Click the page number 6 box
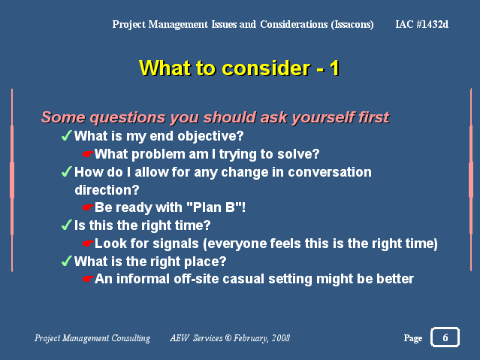pyautogui.click(x=445, y=337)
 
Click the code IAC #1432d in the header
pyautogui.click(x=422, y=24)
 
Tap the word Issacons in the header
pyautogui.click(x=352, y=25)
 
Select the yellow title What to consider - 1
pyautogui.click(x=239, y=68)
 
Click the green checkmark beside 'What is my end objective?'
pyautogui.click(x=66, y=135)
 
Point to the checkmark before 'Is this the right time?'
pyautogui.click(x=66, y=225)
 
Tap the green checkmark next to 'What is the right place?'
pyautogui.click(x=66, y=261)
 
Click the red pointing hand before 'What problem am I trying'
pyautogui.click(x=87, y=154)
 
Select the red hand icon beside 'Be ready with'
pyautogui.click(x=87, y=207)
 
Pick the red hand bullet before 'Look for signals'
pyautogui.click(x=87, y=244)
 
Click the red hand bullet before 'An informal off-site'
pyautogui.click(x=87, y=279)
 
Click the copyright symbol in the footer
pyautogui.click(x=228, y=338)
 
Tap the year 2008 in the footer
pyautogui.click(x=281, y=338)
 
